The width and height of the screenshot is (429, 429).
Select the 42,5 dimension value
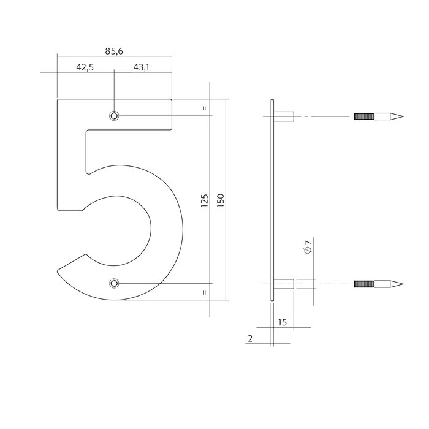pos(85,67)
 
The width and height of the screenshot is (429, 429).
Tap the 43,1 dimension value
pos(140,67)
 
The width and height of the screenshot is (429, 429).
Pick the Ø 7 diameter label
pos(308,248)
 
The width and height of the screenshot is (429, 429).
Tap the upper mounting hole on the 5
pos(114,116)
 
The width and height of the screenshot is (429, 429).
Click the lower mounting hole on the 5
pos(114,283)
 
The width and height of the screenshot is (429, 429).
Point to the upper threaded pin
pos(378,116)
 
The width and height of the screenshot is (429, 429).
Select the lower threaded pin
pos(378,284)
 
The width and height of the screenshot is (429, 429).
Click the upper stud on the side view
pos(285,116)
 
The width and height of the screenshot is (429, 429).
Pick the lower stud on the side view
pos(285,284)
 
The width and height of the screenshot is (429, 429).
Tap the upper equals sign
pos(204,108)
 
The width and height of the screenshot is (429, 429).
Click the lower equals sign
pos(204,292)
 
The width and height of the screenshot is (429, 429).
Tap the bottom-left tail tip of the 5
pos(59,270)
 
